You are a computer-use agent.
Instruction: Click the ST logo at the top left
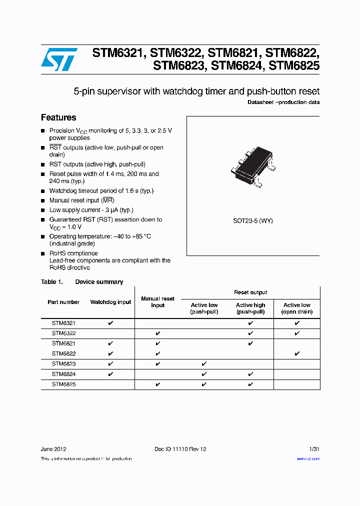point(59,59)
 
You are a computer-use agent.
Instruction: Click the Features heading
point(58,117)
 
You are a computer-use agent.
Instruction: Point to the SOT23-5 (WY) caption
point(253,220)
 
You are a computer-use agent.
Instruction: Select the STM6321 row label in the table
point(63,323)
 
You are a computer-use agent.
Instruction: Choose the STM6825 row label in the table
point(63,384)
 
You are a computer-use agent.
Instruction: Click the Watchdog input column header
point(110,302)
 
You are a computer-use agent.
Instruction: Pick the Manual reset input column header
point(157,302)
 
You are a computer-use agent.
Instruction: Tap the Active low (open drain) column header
point(297,308)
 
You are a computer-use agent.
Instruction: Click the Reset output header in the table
point(250,292)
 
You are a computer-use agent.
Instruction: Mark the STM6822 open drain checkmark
point(297,354)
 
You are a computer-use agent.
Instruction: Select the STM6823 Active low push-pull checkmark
point(204,364)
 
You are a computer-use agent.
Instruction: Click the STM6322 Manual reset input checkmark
point(157,333)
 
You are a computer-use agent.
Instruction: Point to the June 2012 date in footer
point(53,449)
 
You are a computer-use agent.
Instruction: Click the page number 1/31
point(314,449)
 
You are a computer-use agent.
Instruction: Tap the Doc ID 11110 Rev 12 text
point(180,449)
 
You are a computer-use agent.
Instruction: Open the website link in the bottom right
point(308,458)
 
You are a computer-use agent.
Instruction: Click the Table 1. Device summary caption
point(82,282)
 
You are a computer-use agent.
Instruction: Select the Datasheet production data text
point(283,102)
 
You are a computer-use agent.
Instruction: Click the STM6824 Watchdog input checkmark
point(110,374)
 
